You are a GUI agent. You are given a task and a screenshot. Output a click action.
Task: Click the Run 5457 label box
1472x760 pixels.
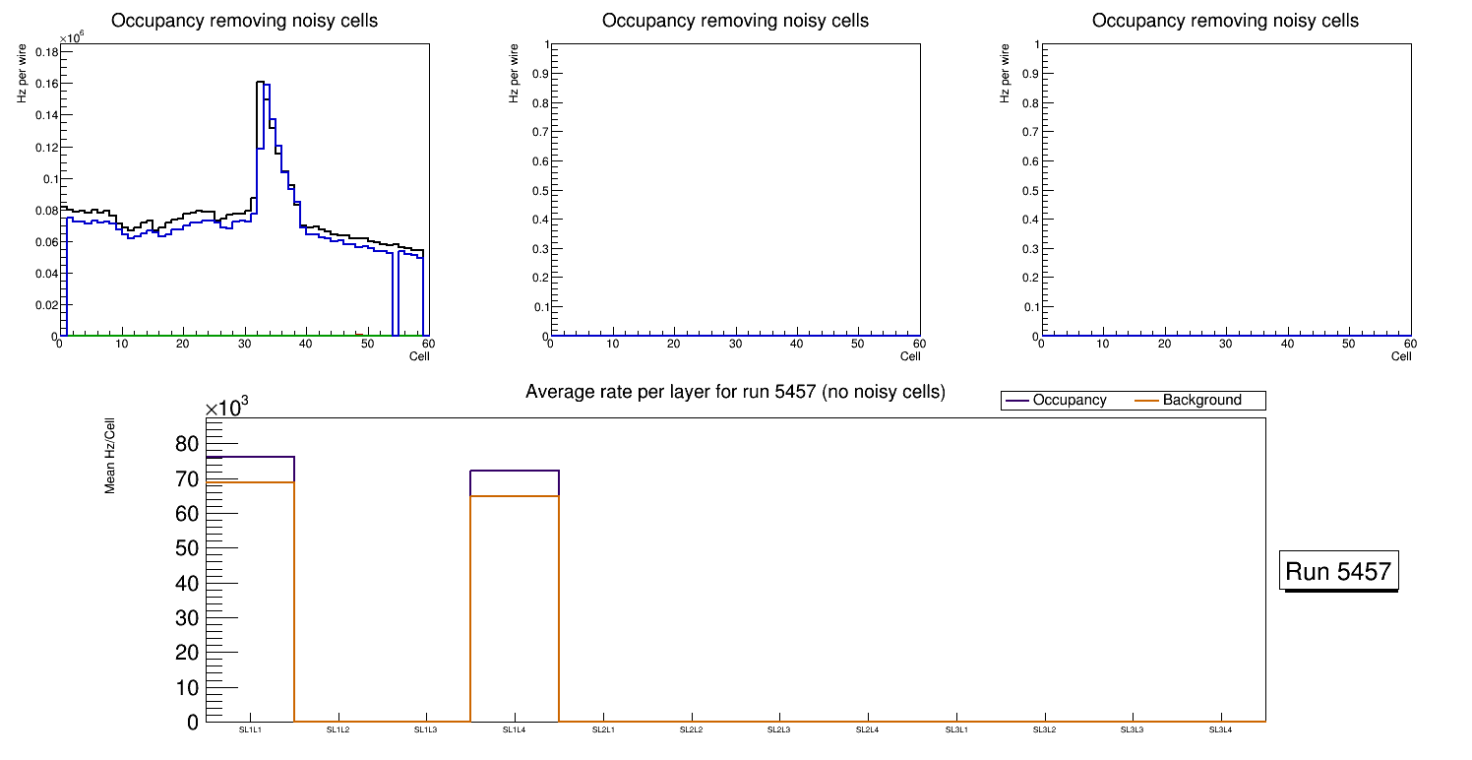click(x=1340, y=571)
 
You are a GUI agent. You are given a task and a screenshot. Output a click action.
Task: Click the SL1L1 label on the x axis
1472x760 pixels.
click(x=250, y=730)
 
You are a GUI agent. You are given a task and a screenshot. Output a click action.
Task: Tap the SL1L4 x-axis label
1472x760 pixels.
click(x=515, y=730)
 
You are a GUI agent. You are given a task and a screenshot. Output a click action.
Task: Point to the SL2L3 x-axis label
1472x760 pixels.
click(x=779, y=730)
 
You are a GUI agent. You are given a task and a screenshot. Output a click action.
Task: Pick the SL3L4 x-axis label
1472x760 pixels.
click(x=1220, y=730)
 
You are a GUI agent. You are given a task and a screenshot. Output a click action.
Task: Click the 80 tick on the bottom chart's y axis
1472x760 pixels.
click(x=187, y=444)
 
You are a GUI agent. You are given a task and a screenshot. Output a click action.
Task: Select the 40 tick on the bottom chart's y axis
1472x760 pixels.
click(x=187, y=583)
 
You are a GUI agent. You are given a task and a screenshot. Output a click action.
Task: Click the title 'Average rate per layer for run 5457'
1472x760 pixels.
click(x=735, y=392)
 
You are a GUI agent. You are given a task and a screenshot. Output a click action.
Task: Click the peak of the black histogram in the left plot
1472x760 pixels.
click(x=261, y=83)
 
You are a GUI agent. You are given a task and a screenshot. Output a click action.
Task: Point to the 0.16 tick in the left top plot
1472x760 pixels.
click(x=45, y=84)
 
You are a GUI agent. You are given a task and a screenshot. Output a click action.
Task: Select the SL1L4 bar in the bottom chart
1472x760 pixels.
click(x=515, y=591)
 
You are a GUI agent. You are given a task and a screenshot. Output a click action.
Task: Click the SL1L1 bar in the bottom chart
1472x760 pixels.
click(x=250, y=591)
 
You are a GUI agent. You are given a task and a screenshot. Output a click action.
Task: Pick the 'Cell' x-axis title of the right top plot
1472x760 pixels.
click(x=1401, y=356)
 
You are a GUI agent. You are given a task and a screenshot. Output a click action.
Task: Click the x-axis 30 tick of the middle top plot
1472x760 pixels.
click(x=735, y=345)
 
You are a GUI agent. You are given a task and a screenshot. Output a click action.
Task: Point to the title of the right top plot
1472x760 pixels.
click(x=1225, y=21)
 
